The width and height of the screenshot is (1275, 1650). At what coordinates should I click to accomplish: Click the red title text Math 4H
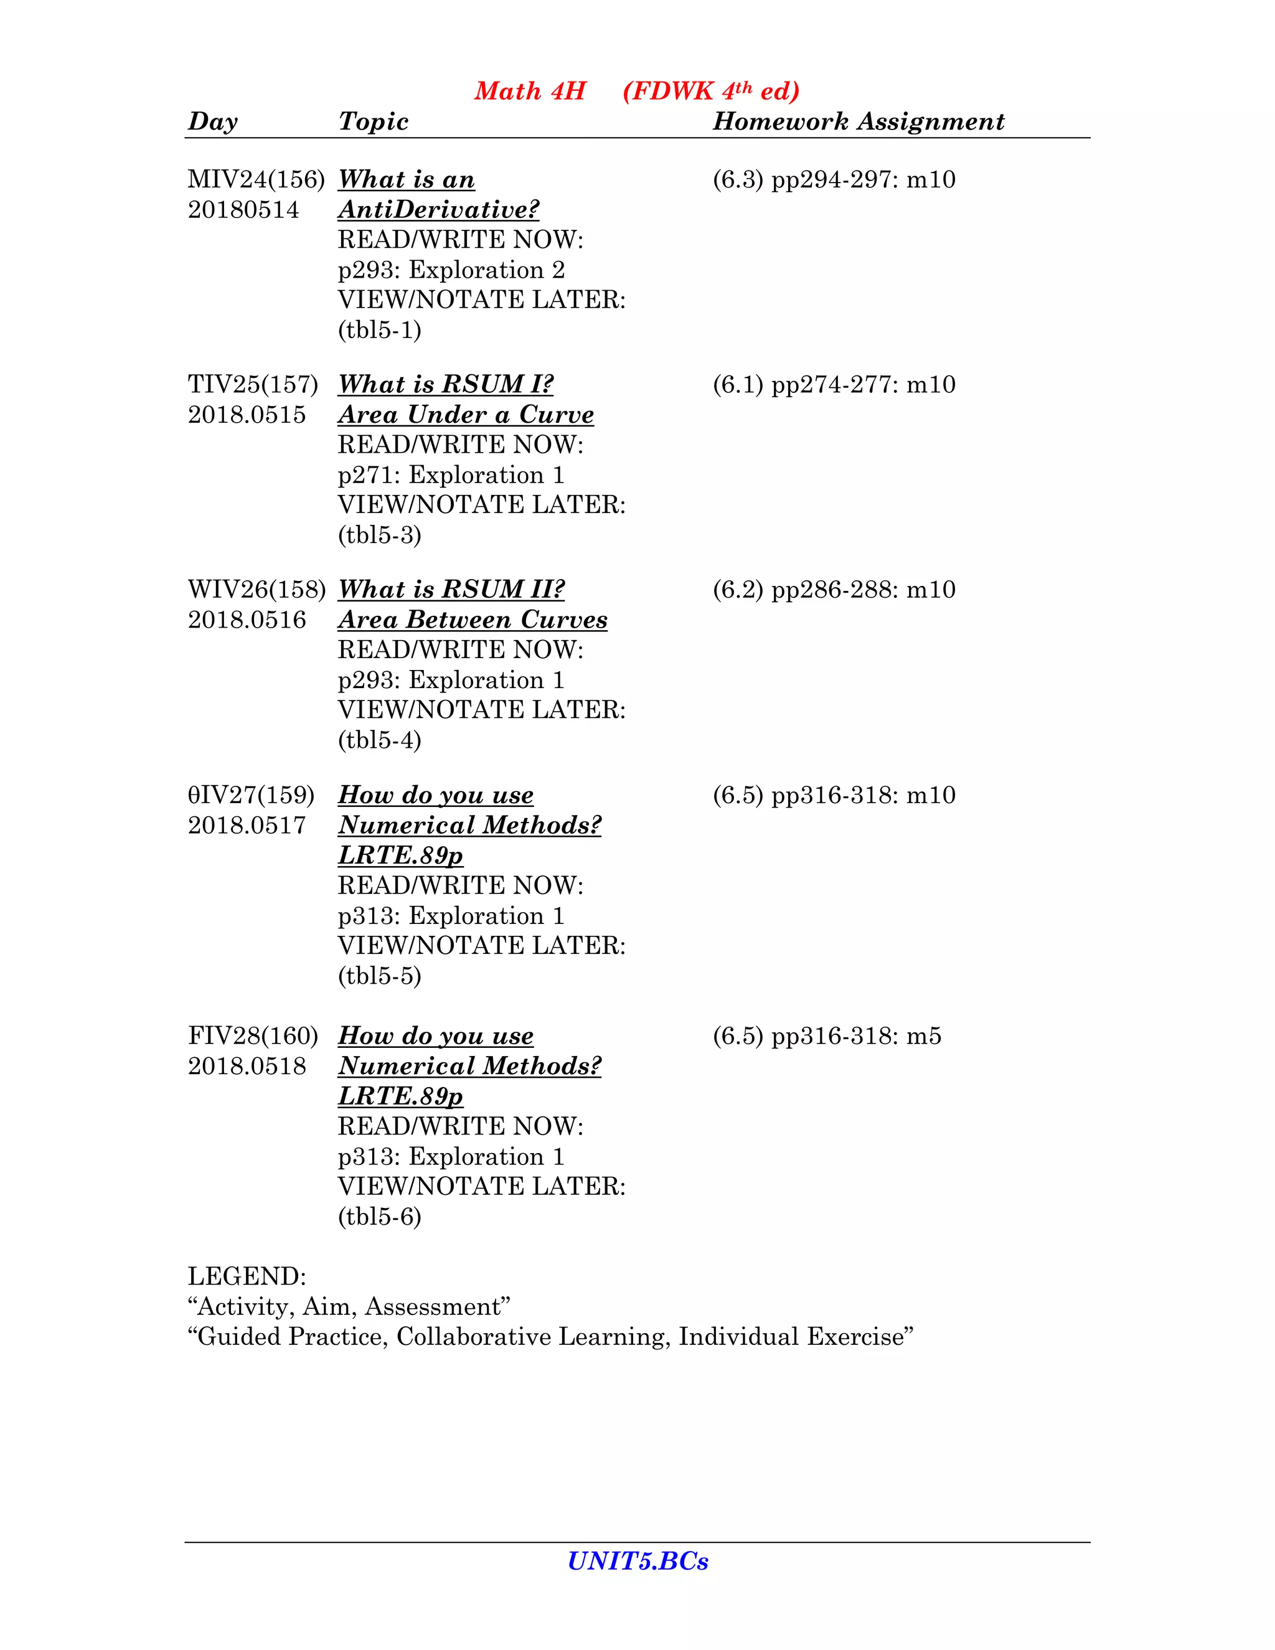tap(530, 92)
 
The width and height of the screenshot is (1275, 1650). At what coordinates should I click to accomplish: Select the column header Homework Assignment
tap(858, 121)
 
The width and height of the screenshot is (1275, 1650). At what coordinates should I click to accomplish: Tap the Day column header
tap(212, 121)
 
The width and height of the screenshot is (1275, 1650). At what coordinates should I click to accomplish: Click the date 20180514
tap(243, 210)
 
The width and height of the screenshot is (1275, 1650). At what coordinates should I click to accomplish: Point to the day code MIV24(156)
tap(256, 180)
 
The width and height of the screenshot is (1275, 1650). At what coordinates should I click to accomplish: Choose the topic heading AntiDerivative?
tap(438, 210)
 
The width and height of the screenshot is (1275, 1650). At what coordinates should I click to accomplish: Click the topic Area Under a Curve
tap(465, 415)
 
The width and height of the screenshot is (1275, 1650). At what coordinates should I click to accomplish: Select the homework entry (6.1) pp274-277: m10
tap(834, 385)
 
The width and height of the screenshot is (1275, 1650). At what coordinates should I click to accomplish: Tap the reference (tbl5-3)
tap(379, 535)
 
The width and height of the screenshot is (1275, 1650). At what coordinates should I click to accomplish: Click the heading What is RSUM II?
tap(451, 589)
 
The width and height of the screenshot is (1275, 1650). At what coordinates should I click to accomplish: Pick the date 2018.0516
tap(247, 620)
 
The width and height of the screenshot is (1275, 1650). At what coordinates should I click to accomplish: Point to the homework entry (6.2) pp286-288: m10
tap(834, 589)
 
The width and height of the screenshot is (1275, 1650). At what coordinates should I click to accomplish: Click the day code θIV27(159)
tap(251, 794)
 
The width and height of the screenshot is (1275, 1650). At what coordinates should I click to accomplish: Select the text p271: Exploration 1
tap(451, 475)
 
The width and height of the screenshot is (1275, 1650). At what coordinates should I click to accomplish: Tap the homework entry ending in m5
tap(827, 1036)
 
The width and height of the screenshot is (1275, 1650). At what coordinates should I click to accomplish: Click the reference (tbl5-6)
tap(379, 1217)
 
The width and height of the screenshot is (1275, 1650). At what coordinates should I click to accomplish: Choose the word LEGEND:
tap(247, 1277)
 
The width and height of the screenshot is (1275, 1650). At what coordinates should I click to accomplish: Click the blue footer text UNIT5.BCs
tap(637, 1562)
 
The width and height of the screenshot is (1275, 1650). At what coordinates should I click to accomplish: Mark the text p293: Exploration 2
tap(451, 270)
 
